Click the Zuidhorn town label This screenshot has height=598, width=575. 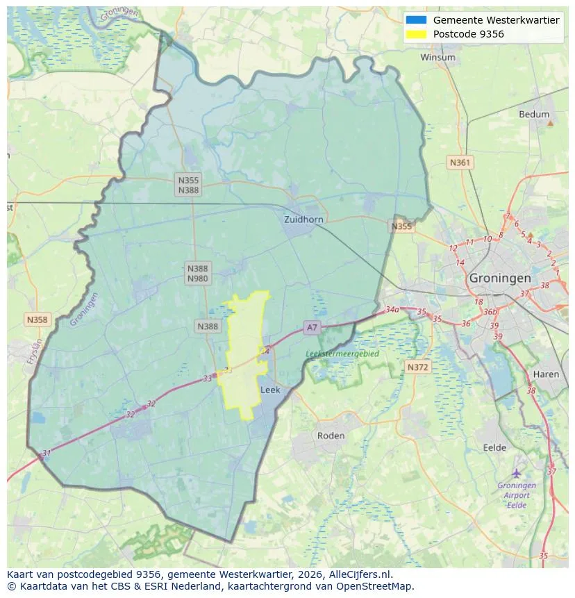click(303, 219)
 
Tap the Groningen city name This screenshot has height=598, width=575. click(499, 278)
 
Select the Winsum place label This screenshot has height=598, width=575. click(437, 58)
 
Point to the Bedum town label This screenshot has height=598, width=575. click(533, 115)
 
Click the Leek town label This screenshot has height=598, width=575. click(270, 390)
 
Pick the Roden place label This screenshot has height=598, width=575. click(331, 435)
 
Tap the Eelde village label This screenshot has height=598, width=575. click(494, 448)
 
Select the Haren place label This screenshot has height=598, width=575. click(546, 374)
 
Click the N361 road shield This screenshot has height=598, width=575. click(460, 163)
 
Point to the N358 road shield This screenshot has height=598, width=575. click(37, 319)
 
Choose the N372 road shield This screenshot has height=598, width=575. click(417, 367)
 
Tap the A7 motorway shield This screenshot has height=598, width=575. click(312, 328)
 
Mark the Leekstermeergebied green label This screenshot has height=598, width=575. click(342, 354)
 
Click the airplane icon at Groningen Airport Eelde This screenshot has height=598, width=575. click(516, 473)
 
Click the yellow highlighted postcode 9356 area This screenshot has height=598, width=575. click(244, 347)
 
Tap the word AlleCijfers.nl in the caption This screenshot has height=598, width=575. click(360, 574)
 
